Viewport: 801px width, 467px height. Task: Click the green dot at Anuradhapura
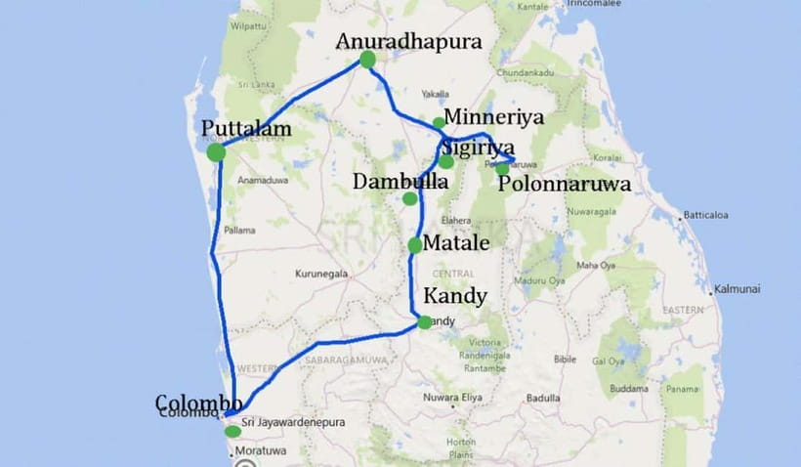pyautogui.click(x=367, y=60)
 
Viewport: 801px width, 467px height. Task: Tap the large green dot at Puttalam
pyautogui.click(x=217, y=151)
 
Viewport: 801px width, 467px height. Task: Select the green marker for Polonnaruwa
pyautogui.click(x=502, y=168)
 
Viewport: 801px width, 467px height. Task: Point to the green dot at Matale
pyautogui.click(x=415, y=245)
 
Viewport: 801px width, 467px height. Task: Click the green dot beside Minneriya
pyautogui.click(x=439, y=123)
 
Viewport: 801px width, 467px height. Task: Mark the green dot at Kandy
pyautogui.click(x=424, y=321)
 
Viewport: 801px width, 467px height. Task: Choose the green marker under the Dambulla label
pyautogui.click(x=409, y=198)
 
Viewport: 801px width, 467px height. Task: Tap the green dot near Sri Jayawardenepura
pyautogui.click(x=232, y=431)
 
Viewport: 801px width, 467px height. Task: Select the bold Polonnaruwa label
pyautogui.click(x=565, y=184)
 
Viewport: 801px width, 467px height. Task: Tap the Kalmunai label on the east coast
pyautogui.click(x=738, y=289)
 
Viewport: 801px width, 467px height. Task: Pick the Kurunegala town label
pyautogui.click(x=323, y=275)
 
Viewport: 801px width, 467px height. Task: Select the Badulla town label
pyautogui.click(x=543, y=398)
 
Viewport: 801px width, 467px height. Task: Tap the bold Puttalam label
pyautogui.click(x=247, y=129)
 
